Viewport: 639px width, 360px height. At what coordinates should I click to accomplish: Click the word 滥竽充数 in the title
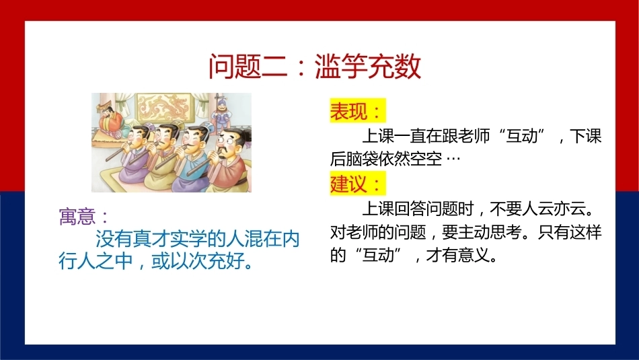point(368,66)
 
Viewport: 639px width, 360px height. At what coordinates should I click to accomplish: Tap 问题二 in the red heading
point(248,66)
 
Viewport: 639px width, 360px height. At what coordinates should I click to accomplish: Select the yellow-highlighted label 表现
point(349,111)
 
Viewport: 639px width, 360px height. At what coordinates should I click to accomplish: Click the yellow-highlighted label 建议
point(349,184)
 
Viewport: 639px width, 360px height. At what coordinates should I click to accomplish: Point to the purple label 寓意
point(77,217)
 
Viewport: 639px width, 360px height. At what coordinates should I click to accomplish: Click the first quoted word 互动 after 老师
point(521,136)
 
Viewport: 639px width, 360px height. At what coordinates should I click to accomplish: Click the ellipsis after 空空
point(453,159)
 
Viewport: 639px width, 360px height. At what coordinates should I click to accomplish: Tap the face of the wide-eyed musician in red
point(227,143)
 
